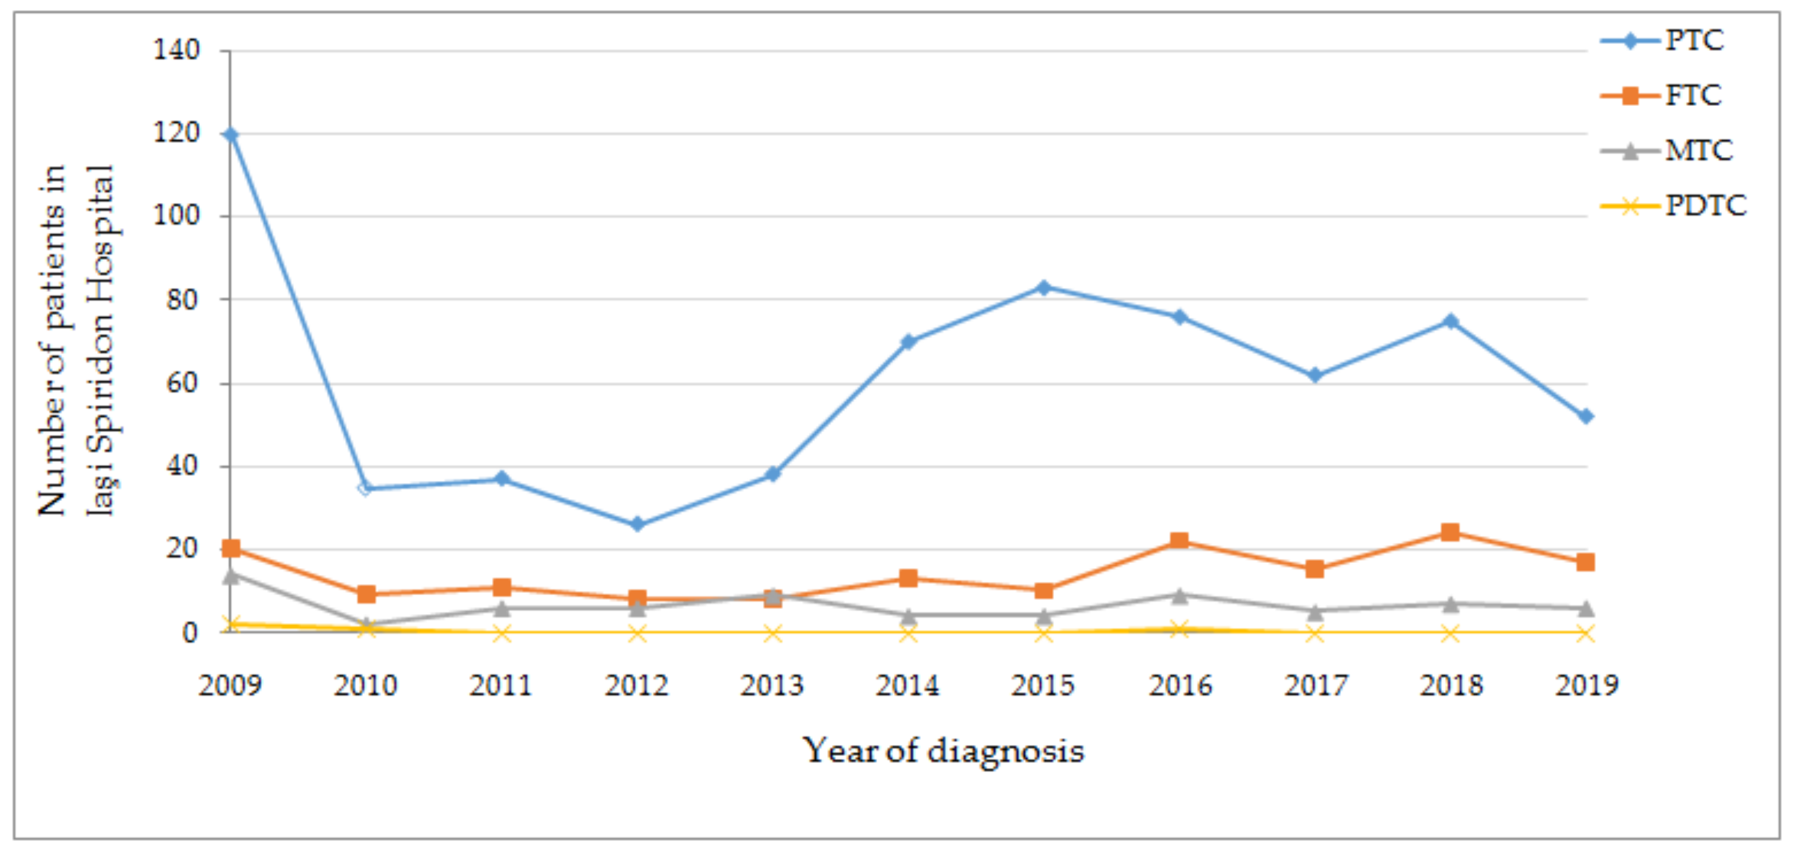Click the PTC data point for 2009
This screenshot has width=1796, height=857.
click(x=230, y=135)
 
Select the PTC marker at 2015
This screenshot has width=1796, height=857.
click(x=1043, y=287)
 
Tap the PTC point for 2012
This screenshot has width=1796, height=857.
click(x=637, y=524)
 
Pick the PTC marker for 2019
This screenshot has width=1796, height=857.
click(x=1585, y=416)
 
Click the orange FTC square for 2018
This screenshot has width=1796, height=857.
click(x=1450, y=533)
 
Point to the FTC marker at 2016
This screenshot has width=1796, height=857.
click(x=1179, y=541)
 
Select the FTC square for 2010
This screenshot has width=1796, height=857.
click(x=366, y=594)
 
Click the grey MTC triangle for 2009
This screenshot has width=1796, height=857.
click(x=231, y=575)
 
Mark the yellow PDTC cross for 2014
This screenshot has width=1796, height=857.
click(x=908, y=633)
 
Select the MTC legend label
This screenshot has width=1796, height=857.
click(x=1698, y=150)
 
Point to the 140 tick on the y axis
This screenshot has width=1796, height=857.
click(x=176, y=49)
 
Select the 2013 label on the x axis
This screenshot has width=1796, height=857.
click(x=772, y=686)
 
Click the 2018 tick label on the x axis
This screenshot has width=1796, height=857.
click(x=1451, y=686)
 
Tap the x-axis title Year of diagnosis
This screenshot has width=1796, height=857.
click(x=943, y=752)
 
